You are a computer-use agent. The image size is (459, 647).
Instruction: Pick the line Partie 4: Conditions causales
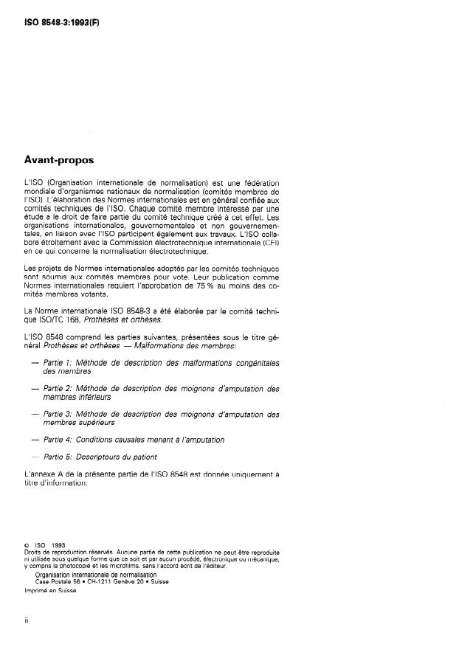tap(134, 439)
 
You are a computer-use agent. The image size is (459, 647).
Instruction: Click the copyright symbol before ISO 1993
tap(27, 547)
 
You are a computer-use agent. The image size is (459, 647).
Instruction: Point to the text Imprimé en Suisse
tap(50, 590)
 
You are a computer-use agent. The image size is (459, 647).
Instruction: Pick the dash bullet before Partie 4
tap(36, 439)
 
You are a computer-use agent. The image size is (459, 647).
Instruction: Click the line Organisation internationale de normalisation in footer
tap(95, 574)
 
